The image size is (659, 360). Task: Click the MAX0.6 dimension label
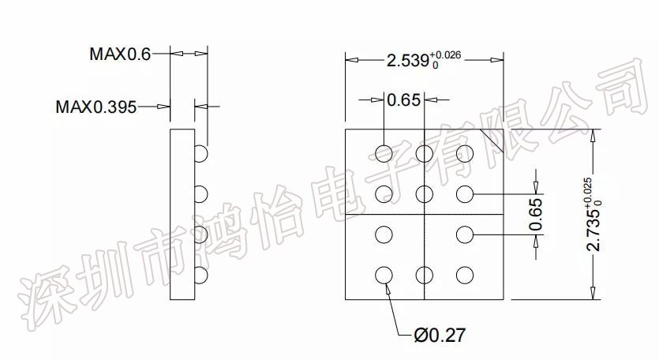click(x=120, y=54)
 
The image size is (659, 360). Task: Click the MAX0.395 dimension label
click(x=96, y=107)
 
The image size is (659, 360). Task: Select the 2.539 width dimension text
click(x=408, y=61)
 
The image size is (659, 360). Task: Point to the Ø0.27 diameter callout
click(x=440, y=336)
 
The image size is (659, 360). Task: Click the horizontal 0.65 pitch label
click(x=403, y=99)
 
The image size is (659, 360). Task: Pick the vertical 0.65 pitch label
click(x=535, y=215)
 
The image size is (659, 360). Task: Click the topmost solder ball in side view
click(x=201, y=153)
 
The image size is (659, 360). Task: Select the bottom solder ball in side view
click(x=201, y=276)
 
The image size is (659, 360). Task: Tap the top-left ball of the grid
click(x=384, y=153)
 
